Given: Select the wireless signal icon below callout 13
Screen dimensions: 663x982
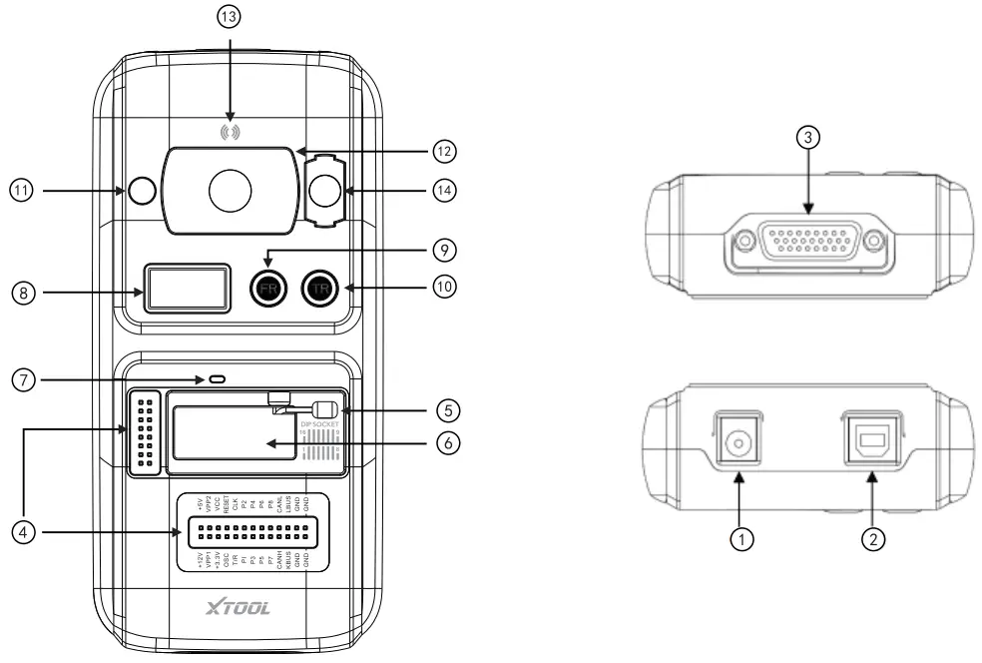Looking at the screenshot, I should click(x=231, y=131).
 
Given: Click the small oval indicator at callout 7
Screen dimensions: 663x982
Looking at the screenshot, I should click(x=216, y=379).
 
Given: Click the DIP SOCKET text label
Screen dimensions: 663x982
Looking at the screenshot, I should click(x=319, y=422).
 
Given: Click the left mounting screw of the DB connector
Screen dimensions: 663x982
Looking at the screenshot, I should click(x=742, y=240).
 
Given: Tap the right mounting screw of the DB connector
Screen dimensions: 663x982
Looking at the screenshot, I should click(x=875, y=240).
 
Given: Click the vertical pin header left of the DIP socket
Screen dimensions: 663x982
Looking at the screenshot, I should click(x=145, y=431).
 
